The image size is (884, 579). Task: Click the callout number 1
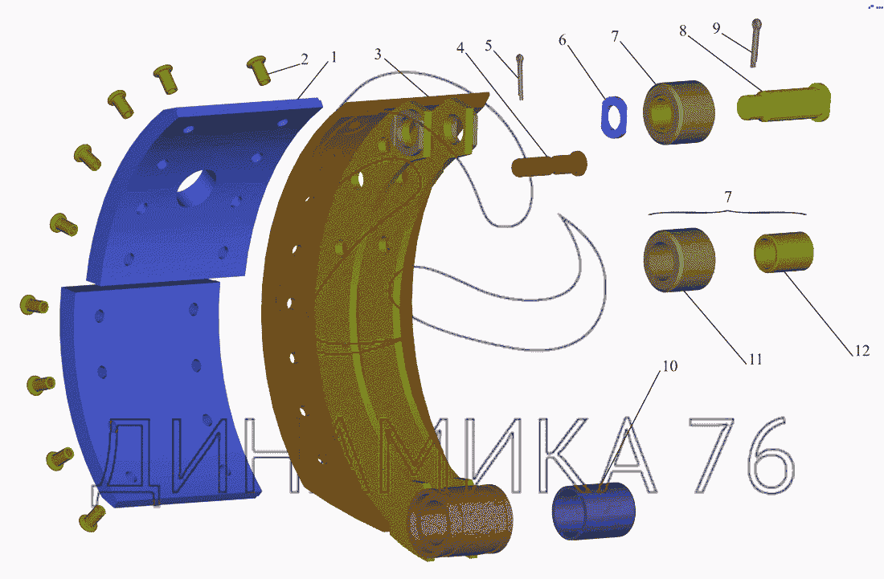point(334,57)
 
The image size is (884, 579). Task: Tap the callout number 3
point(378,54)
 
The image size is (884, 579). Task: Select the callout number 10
point(669,366)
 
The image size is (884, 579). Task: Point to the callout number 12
point(862,350)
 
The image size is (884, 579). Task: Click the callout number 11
point(755,359)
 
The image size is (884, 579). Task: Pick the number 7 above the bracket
point(728,197)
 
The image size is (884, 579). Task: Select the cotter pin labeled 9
point(755,43)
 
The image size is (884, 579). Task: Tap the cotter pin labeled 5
point(521,78)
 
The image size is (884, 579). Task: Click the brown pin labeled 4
point(549,165)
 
